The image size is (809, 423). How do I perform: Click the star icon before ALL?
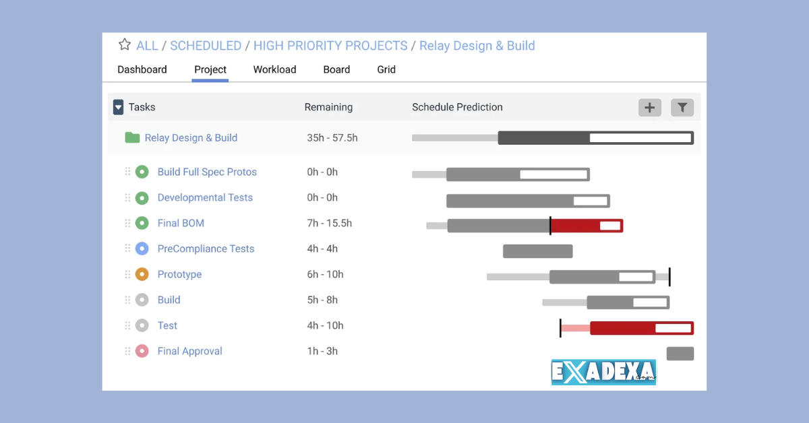(125, 45)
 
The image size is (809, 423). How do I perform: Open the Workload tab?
(274, 69)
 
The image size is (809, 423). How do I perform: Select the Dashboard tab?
(142, 69)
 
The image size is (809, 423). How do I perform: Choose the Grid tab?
(386, 69)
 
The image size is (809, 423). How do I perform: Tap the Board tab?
(336, 69)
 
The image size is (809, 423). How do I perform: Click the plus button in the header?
(650, 107)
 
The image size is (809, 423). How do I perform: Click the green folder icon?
(132, 137)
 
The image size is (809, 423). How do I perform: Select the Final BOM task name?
(181, 223)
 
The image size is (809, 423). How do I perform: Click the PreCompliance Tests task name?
(206, 249)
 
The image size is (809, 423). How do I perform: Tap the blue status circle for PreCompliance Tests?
(142, 249)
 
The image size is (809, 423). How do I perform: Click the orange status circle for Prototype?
(142, 274)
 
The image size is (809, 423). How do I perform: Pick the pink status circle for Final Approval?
(142, 351)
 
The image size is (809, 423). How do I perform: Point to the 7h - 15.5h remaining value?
(329, 223)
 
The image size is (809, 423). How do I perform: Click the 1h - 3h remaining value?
(322, 351)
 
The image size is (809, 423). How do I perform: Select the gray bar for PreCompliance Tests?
(537, 251)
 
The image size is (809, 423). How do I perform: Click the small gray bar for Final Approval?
(680, 354)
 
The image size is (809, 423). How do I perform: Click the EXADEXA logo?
(603, 372)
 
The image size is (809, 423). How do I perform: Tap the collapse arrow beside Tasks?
(119, 107)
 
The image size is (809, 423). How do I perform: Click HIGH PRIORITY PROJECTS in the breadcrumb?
(330, 46)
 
